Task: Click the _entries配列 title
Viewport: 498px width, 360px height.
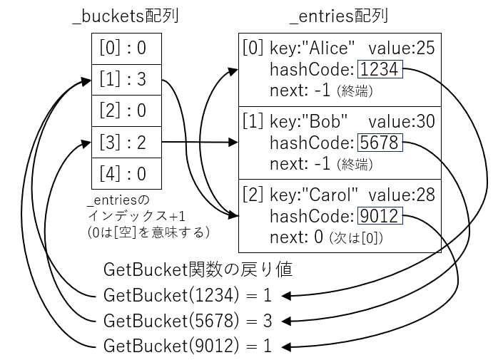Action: (339, 16)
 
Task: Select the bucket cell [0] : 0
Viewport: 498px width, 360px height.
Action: (126, 49)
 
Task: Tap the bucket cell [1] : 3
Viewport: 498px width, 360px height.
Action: (126, 80)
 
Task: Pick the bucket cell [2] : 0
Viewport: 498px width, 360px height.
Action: (126, 111)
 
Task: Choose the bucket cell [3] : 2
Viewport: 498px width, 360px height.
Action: (126, 143)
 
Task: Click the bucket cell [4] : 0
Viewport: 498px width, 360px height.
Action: (126, 173)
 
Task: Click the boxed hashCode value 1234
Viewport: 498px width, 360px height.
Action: (381, 69)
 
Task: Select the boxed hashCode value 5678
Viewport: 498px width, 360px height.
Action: (381, 143)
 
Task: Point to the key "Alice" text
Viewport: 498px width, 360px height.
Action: (312, 48)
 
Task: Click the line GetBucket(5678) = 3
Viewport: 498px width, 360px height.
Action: (188, 320)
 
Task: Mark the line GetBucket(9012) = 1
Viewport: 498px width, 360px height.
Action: (188, 346)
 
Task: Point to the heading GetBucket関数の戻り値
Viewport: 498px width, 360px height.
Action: (197, 269)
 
